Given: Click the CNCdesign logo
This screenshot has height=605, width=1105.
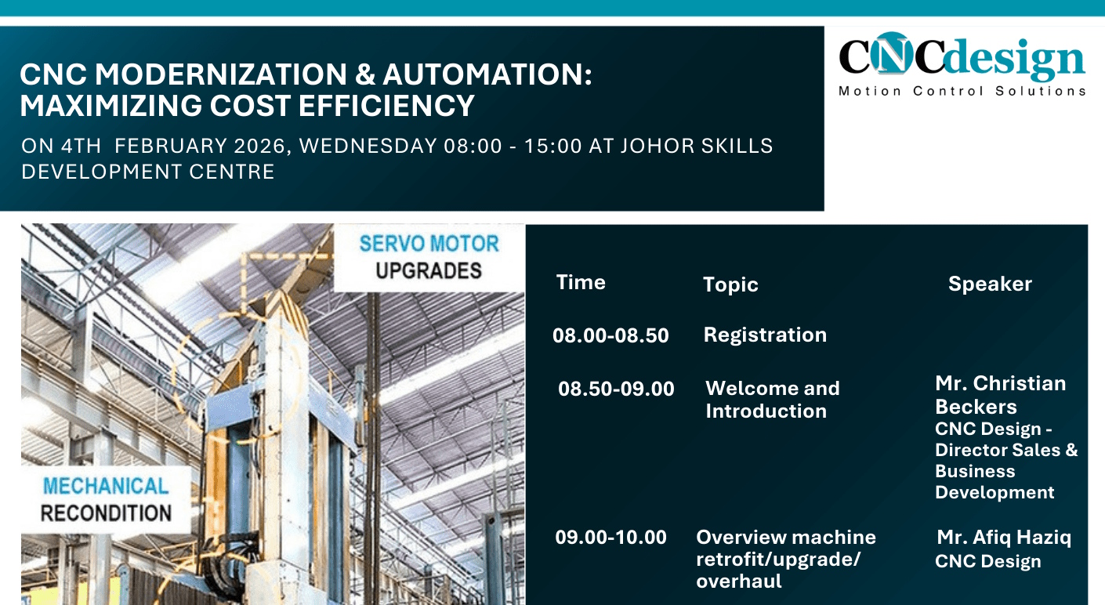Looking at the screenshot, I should coord(962,57).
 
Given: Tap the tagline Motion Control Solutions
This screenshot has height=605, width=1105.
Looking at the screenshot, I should coord(962,91).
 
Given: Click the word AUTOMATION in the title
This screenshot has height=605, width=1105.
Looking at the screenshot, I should coord(486,74).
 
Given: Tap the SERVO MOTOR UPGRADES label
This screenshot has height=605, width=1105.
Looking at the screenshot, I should coord(429,257).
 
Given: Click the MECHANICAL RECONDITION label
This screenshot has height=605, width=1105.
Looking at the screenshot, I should coord(106,499).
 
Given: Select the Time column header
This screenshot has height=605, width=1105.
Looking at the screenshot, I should coord(581,282).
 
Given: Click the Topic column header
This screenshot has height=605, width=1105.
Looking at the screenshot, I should coord(730,284).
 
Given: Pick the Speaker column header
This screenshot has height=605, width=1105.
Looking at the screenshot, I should coord(990,284).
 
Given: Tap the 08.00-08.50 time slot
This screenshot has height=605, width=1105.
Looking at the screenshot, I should coord(610,335).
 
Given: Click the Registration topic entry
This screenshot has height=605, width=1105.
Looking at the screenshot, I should coord(765,335).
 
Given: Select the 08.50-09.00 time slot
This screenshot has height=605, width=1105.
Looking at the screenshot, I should coord(616,388).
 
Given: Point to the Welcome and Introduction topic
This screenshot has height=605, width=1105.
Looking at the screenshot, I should coord(772,399).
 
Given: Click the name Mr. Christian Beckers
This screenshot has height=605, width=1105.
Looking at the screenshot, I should coord(1000,394).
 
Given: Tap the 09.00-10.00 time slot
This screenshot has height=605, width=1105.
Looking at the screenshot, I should coord(611,537).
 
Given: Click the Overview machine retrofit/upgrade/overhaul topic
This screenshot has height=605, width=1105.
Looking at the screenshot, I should coord(785,559).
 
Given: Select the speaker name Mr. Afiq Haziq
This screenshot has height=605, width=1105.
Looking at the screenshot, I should coord(1003,538).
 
